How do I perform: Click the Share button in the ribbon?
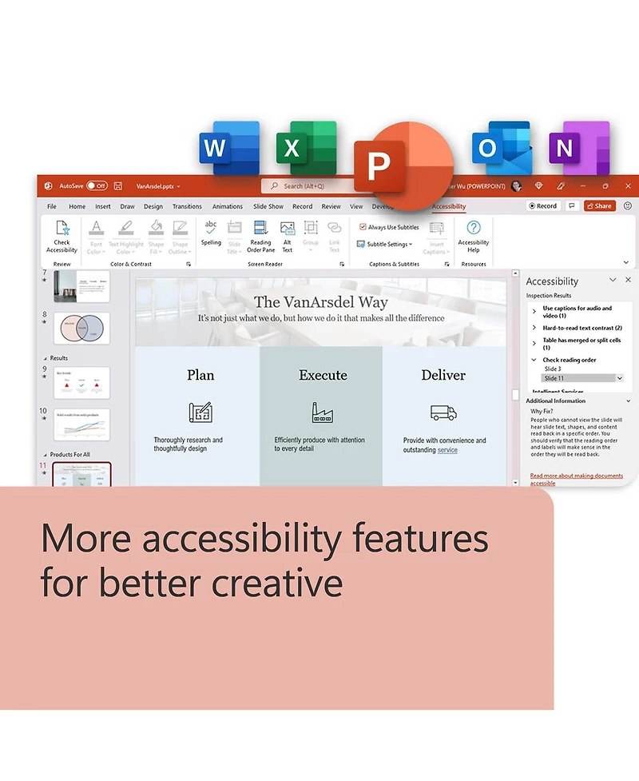click(x=599, y=206)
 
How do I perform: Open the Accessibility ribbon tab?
click(x=449, y=206)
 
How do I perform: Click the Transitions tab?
click(x=187, y=206)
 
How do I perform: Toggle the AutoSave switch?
click(x=97, y=185)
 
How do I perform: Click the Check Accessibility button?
click(x=62, y=236)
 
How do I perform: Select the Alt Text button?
click(x=288, y=236)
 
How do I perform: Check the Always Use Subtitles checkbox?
click(x=363, y=228)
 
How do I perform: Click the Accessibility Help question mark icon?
click(x=474, y=228)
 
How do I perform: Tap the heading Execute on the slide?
click(x=323, y=375)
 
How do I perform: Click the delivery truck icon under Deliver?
click(x=443, y=412)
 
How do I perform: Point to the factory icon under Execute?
click(x=322, y=412)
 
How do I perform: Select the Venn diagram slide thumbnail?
click(x=81, y=328)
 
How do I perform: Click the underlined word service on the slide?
click(x=447, y=450)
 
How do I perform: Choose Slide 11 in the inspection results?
click(x=579, y=378)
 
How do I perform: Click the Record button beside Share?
click(x=543, y=206)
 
